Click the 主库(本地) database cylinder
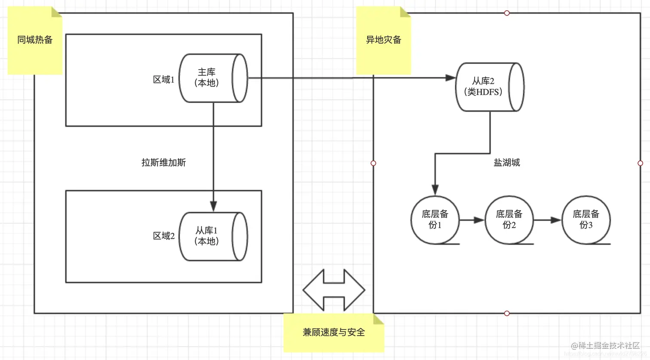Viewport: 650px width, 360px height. pos(213,78)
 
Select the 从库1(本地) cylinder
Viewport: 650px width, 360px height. pos(213,236)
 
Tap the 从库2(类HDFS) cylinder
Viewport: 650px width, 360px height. pos(489,87)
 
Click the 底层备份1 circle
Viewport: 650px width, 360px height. pos(435,220)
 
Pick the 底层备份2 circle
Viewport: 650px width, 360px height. pos(509,220)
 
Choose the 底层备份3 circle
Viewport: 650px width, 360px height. pos(586,220)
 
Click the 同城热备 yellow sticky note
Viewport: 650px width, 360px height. pos(35,40)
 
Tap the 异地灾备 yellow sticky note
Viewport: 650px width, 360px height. pos(383,40)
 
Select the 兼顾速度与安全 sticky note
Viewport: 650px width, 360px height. pos(334,333)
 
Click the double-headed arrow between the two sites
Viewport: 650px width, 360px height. pos(334,290)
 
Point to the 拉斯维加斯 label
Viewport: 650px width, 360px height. pos(163,163)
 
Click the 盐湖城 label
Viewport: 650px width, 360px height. pos(506,163)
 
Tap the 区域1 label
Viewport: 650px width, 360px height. pos(163,79)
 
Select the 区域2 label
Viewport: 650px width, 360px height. pos(163,236)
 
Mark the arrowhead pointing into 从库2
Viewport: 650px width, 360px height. pos(450,78)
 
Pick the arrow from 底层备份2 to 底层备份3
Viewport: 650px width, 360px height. pos(548,220)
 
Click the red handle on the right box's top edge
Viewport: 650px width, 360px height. pos(507,13)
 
